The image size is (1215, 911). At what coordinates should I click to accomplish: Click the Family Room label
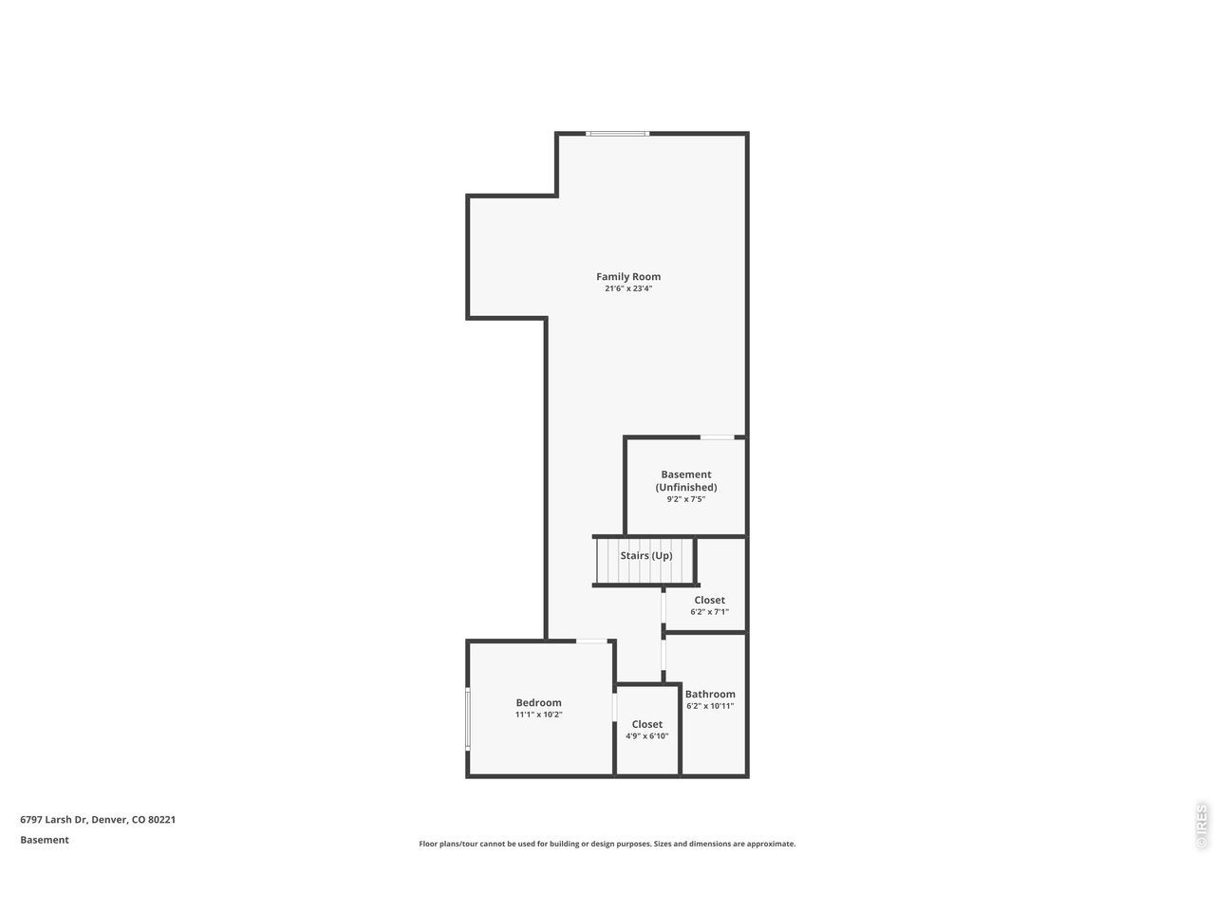[x=627, y=276]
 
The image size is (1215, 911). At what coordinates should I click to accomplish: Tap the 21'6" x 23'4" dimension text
[x=628, y=288]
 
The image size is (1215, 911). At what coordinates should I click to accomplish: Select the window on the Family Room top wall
[x=617, y=133]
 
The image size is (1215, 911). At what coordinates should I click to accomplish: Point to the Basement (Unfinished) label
[x=686, y=481]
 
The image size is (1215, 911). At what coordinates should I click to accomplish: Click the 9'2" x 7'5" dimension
[x=686, y=499]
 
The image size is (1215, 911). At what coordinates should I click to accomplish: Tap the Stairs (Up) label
[x=646, y=555]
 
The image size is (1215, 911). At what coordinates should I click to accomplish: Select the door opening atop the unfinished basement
[x=718, y=437]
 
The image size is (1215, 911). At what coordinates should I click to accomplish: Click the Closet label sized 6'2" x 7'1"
[x=709, y=600]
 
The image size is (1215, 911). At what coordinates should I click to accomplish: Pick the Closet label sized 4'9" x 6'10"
[x=646, y=724]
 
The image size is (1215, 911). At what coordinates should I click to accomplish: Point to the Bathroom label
[x=710, y=694]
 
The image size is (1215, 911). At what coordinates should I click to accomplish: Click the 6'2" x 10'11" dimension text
[x=710, y=706]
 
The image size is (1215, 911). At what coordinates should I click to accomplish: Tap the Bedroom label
[x=538, y=702]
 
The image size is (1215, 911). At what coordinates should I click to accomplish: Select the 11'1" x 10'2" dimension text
[x=538, y=714]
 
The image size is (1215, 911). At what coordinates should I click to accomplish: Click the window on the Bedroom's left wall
[x=468, y=719]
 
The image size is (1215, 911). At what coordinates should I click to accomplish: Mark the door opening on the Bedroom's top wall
[x=591, y=641]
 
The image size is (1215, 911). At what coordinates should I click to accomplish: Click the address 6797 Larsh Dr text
[x=53, y=820]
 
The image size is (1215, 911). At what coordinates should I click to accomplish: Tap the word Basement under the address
[x=45, y=840]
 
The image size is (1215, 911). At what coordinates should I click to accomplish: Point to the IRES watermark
[x=1201, y=827]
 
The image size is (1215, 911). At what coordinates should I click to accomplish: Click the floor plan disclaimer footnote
[x=607, y=844]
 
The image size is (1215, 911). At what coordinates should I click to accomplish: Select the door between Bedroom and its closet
[x=614, y=708]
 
